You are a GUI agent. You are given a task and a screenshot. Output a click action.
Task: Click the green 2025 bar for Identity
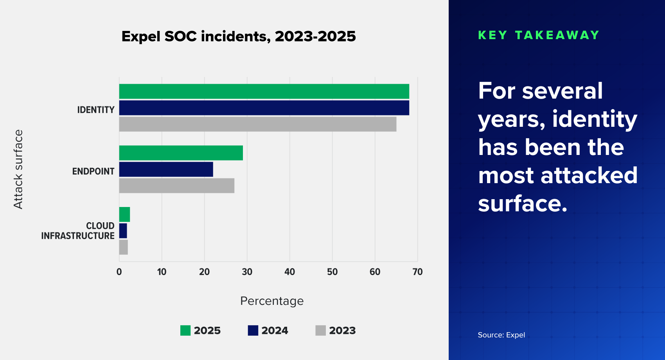(264, 91)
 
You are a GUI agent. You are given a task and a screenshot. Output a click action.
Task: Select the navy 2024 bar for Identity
(264, 108)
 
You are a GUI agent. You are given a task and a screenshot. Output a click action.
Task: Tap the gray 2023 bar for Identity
(257, 124)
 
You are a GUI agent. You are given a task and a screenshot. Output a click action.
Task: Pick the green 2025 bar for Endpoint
(181, 153)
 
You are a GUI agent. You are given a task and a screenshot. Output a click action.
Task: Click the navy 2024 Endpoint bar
(166, 169)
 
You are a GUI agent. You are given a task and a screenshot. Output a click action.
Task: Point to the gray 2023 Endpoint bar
(176, 186)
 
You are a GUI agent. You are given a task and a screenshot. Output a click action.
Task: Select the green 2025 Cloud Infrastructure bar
(124, 214)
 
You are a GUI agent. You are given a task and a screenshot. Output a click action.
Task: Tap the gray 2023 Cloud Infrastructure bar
(123, 247)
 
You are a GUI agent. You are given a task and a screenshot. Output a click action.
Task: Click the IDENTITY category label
(96, 110)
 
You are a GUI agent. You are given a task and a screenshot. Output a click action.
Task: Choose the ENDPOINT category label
(93, 171)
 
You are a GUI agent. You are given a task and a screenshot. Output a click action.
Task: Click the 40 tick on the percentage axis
(289, 272)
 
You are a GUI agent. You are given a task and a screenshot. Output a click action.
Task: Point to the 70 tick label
(417, 272)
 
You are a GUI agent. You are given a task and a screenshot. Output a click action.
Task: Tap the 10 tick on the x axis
(162, 272)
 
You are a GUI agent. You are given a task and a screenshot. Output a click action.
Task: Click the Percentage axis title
(272, 301)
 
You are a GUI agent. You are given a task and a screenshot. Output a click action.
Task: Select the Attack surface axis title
(18, 169)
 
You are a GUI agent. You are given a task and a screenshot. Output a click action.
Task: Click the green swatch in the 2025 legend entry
(185, 331)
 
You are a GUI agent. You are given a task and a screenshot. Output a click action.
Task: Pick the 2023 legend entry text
(342, 331)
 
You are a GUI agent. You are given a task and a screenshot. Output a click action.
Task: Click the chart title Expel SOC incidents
(239, 36)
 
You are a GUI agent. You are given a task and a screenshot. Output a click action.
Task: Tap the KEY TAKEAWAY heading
(539, 35)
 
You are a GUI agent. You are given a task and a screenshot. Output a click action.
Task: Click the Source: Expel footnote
(501, 335)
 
